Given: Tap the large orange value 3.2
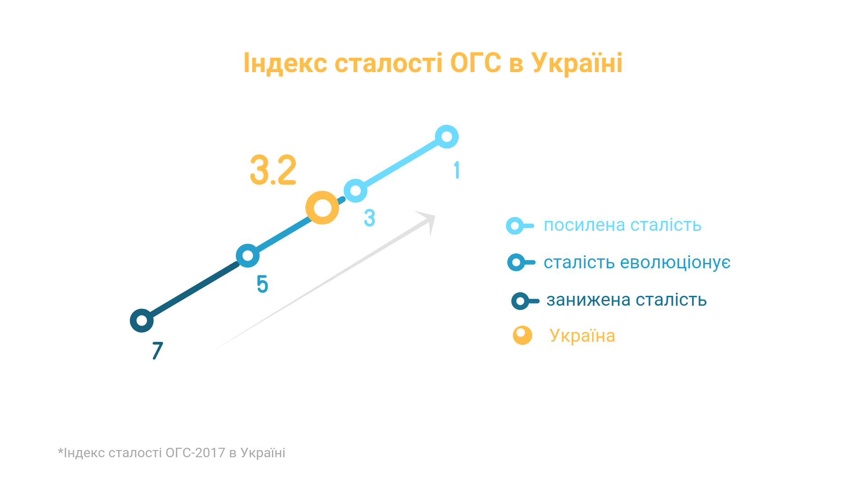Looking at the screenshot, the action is tap(273, 170).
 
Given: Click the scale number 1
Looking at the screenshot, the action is tap(457, 170).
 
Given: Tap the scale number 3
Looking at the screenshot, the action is tap(369, 218).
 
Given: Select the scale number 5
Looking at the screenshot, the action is tap(262, 284).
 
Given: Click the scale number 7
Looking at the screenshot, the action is tap(157, 350).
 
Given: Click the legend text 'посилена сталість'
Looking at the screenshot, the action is tap(622, 225).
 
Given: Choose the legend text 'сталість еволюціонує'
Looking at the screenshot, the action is tap(637, 262).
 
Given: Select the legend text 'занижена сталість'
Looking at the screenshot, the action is tap(626, 300).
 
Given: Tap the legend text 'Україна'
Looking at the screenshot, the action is tap(582, 335).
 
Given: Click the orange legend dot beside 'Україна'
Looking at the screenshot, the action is tap(522, 335).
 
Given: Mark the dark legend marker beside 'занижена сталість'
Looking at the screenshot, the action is tap(525, 301).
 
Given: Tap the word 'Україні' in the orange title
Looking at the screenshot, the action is tap(577, 63).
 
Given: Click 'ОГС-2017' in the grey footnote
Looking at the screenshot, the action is tap(195, 453).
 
